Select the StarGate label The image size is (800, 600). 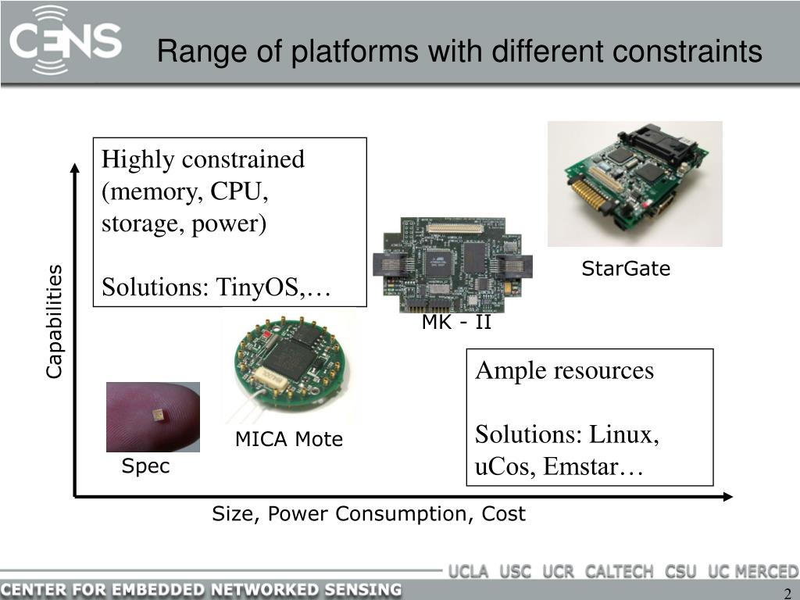pos(626,270)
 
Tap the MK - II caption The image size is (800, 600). pos(456,322)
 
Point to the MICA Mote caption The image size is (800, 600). pos(289,440)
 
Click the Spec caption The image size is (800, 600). pos(145,467)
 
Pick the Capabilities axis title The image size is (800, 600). pos(54,322)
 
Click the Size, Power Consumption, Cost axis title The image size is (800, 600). pos(369,514)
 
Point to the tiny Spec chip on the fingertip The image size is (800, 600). pos(160,414)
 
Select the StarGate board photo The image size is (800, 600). pos(634,184)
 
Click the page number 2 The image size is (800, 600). pos(787,592)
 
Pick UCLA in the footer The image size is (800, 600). pos(468,571)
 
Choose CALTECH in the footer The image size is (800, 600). pos(619,571)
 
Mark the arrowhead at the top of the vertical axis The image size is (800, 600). pos(74,166)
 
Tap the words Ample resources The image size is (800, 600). pos(564,370)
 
